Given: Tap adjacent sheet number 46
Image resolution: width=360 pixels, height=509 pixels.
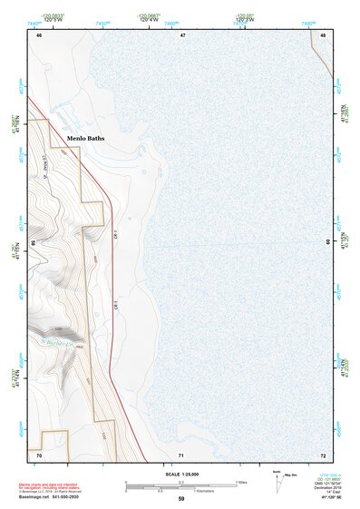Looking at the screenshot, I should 39,34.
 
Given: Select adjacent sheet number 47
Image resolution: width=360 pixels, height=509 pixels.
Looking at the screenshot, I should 182,34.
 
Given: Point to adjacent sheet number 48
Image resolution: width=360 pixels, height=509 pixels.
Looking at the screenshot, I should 324,34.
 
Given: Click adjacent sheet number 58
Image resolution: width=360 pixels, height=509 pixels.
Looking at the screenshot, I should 33,243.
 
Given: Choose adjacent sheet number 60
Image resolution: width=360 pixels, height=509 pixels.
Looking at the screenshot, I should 328,242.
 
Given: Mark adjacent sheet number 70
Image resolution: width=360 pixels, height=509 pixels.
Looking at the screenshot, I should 39,454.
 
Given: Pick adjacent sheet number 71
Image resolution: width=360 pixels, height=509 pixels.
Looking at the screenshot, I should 181,454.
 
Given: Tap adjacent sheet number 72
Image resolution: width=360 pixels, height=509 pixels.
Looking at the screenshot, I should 323,454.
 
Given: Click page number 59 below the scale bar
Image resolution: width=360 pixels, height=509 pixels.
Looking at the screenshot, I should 181,498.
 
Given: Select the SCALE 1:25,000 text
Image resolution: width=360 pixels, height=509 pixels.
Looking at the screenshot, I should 181,475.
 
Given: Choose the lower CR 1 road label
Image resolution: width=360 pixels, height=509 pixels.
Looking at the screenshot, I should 117,306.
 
